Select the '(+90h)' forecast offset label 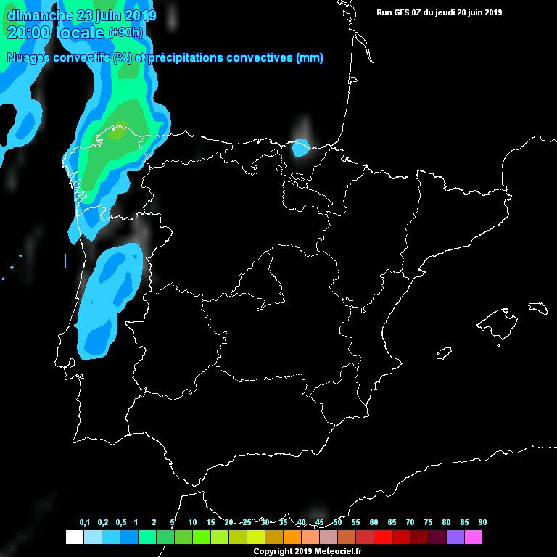pos(125,32)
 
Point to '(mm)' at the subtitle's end pos(310,58)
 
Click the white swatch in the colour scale pos(74,537)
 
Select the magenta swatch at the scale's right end pos(473,537)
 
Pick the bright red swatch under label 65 pos(382,537)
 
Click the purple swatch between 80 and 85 pos(455,537)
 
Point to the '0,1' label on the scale pos(85,523)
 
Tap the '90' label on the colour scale pos(482,523)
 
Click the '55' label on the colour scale pos(355,523)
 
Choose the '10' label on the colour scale pos(192,523)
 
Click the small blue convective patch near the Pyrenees pos(300,148)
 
